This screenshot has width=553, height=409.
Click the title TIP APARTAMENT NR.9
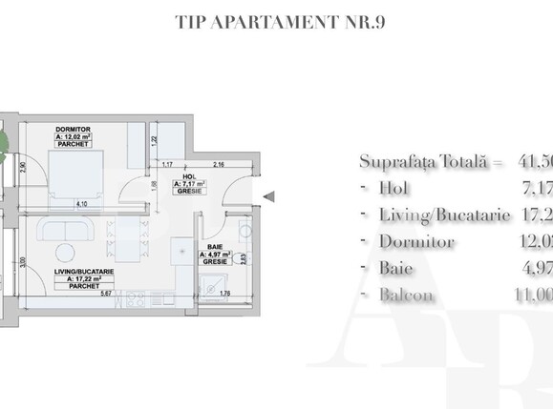pos(275,20)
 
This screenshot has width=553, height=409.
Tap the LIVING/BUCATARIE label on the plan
pos(85,272)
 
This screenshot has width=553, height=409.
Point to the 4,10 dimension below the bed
pos(82,203)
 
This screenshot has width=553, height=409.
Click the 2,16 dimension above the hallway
pos(219,165)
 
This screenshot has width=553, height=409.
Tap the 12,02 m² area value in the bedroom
pos(73,136)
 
